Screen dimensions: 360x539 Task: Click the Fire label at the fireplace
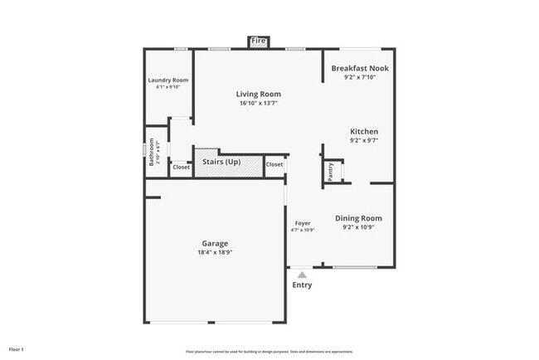click(259, 41)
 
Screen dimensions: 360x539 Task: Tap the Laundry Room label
click(168, 80)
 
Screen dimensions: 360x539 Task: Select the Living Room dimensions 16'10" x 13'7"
click(259, 104)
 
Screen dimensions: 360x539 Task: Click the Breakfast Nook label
click(360, 68)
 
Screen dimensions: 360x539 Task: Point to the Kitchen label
click(364, 131)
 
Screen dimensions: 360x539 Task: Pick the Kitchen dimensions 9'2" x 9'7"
click(364, 141)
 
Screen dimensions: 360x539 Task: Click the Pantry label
click(331, 172)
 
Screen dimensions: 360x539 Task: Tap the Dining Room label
click(358, 218)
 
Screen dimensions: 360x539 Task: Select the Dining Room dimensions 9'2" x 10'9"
click(358, 227)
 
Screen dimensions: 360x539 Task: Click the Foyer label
click(303, 223)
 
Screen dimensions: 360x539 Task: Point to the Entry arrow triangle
click(302, 274)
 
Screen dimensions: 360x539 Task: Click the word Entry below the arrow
click(302, 285)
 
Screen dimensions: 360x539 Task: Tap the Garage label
click(214, 243)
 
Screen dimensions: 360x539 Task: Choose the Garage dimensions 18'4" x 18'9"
click(214, 252)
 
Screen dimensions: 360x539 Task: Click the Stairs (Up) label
click(221, 163)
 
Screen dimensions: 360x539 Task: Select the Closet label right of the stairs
click(274, 164)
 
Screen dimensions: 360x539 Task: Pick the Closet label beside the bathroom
click(181, 168)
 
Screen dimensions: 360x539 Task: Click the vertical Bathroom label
click(152, 152)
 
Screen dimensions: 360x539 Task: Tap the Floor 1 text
click(17, 349)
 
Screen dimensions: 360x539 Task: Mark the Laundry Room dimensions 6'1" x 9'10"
click(168, 87)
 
